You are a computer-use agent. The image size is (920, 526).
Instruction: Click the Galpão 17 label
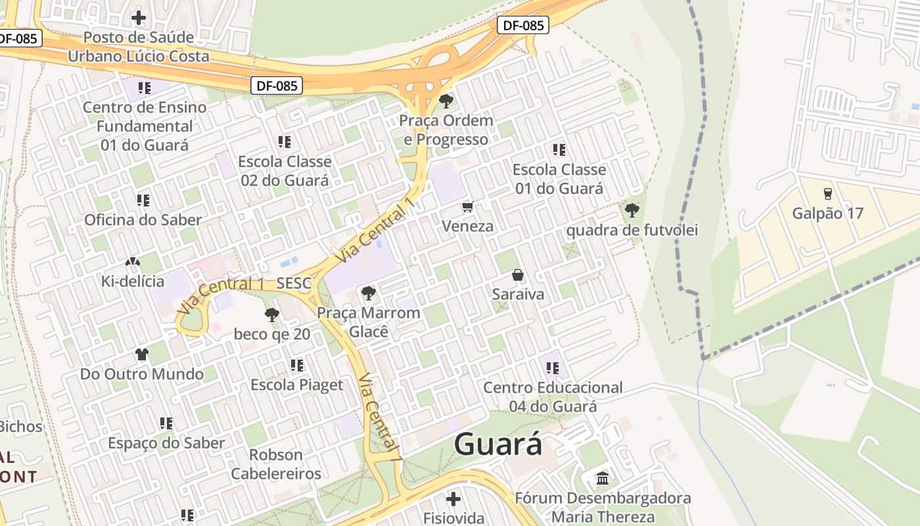point(827,214)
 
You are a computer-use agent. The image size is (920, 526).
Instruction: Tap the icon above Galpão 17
point(827,193)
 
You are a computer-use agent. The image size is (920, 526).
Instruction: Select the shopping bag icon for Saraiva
point(518,275)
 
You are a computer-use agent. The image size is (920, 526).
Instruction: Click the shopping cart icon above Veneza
point(468,207)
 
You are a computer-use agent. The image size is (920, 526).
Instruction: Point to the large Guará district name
point(498,444)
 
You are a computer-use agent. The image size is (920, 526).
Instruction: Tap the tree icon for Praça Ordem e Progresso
point(446,101)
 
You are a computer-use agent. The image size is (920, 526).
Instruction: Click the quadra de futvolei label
point(632,230)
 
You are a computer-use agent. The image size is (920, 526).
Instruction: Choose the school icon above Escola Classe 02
point(285,141)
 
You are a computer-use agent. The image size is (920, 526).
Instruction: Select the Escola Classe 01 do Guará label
point(559,179)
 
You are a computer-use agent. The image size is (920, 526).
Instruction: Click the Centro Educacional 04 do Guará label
point(553,396)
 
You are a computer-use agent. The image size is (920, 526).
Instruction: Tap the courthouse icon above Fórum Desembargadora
point(603,478)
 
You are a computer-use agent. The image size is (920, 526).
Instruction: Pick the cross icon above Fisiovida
point(453,498)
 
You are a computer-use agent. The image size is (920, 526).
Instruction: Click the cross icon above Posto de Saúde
point(139,17)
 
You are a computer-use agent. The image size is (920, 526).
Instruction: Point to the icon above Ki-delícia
point(132,262)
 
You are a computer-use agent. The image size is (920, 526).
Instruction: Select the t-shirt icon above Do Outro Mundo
point(142,354)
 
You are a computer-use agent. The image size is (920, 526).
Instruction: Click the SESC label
point(294,284)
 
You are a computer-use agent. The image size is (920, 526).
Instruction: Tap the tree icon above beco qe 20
point(271,315)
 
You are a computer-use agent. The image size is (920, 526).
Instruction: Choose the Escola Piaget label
point(296,385)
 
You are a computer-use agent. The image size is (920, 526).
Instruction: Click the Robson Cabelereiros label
point(276,464)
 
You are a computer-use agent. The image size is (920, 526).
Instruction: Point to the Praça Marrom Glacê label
point(368,322)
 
